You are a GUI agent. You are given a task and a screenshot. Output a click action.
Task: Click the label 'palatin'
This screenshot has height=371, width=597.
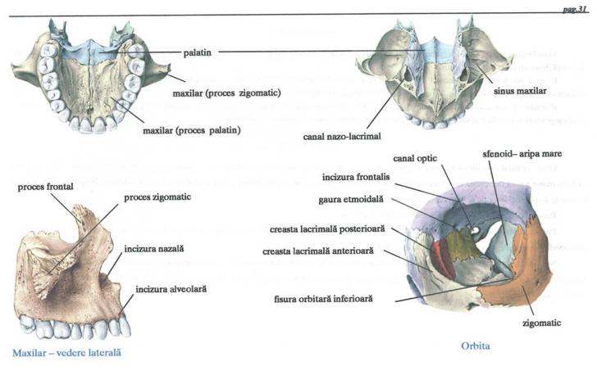click(x=200, y=51)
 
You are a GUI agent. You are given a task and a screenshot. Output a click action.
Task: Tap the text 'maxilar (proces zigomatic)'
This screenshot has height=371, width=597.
click(x=227, y=93)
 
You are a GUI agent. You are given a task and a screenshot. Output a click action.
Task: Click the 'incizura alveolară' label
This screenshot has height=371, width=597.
click(x=158, y=288)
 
